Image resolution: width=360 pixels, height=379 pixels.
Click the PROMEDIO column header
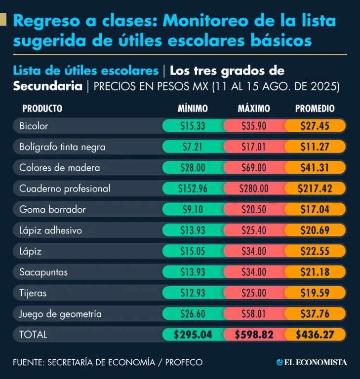pos(315,109)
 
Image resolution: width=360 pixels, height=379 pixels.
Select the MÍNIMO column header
pos(193,109)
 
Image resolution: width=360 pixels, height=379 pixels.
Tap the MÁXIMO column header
pos(254,109)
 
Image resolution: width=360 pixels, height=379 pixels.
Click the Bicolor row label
pos(34,126)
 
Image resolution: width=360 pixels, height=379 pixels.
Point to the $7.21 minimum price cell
pos(193,147)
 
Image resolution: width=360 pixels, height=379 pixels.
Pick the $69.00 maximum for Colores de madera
pos(254,168)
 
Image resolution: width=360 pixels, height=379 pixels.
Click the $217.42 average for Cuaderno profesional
pos(315,189)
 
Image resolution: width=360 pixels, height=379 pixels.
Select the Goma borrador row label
pos(52,209)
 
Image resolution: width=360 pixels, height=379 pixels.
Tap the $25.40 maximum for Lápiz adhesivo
pos(254,230)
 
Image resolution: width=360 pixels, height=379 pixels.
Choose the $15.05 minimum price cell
pos(193,251)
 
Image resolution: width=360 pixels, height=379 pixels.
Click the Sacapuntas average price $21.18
pos(315,272)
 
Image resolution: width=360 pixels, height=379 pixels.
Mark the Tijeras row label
pos(33,293)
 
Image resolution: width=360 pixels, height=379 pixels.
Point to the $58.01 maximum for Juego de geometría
pos(254,314)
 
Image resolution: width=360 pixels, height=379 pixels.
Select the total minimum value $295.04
pos(193,335)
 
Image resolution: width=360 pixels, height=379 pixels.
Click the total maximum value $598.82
pos(254,335)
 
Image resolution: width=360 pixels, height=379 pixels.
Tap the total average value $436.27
pos(315,335)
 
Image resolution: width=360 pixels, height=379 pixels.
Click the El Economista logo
pos(312,362)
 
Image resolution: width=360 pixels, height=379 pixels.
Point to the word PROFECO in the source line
pos(184,362)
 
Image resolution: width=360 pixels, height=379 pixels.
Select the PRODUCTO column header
pos(42,109)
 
